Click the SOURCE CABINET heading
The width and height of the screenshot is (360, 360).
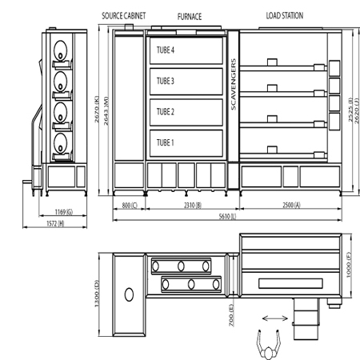[124, 16]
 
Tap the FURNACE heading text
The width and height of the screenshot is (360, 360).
[190, 17]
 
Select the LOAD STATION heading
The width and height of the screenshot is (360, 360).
[285, 16]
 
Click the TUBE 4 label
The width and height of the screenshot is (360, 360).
[166, 50]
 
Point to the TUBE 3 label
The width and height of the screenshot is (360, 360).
[166, 81]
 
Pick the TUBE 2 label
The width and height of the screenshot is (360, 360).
[166, 112]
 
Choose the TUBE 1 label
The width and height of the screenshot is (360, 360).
[165, 142]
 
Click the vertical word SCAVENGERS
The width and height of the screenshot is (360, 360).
[234, 84]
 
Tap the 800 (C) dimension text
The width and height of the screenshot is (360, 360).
[130, 206]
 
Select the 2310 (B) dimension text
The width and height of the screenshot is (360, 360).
[193, 206]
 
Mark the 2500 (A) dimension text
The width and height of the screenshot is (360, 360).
[291, 205]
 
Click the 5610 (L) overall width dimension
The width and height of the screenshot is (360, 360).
[227, 216]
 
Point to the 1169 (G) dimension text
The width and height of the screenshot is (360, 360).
[64, 212]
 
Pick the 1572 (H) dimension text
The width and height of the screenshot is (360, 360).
[55, 223]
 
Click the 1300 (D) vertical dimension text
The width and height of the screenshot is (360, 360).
[97, 294]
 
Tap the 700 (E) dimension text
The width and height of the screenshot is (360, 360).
[231, 315]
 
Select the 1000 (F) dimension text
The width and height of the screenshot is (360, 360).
[349, 265]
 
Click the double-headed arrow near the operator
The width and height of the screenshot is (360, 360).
[275, 318]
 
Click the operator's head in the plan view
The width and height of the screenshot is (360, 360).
[269, 354]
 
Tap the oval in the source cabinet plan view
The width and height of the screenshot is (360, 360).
[129, 294]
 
